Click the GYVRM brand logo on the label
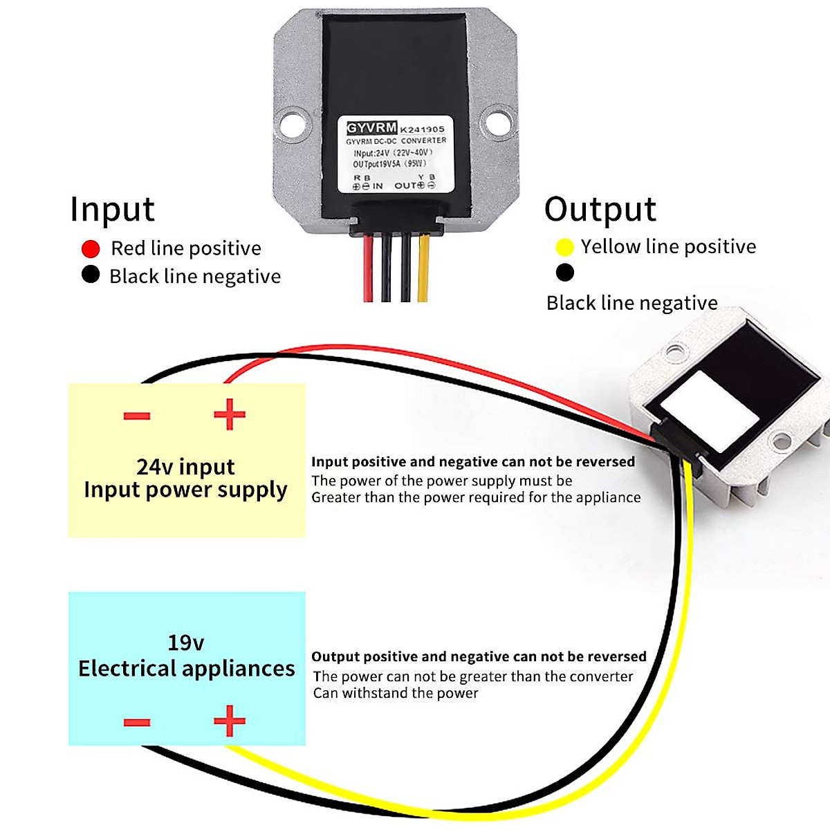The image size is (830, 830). coord(371,128)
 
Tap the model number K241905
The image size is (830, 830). coord(423,129)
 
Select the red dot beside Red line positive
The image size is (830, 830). coord(91,248)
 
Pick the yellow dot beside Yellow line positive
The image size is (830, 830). coord(564,247)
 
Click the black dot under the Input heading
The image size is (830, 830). coord(91,275)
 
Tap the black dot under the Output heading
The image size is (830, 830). coord(564,273)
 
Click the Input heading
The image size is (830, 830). coord(112,210)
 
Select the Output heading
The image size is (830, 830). coord(600,210)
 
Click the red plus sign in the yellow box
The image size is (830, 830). coord(230,415)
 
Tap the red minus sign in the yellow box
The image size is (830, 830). coord(137,416)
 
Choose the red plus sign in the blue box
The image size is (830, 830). coord(230,721)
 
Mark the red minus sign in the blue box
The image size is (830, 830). coord(137,723)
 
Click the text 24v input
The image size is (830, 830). coord(185,467)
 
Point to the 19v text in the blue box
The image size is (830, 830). coord(185,643)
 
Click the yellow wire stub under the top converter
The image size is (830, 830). coord(423,270)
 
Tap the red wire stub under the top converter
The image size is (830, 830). coord(368,270)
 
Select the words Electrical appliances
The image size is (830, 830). coord(186,668)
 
